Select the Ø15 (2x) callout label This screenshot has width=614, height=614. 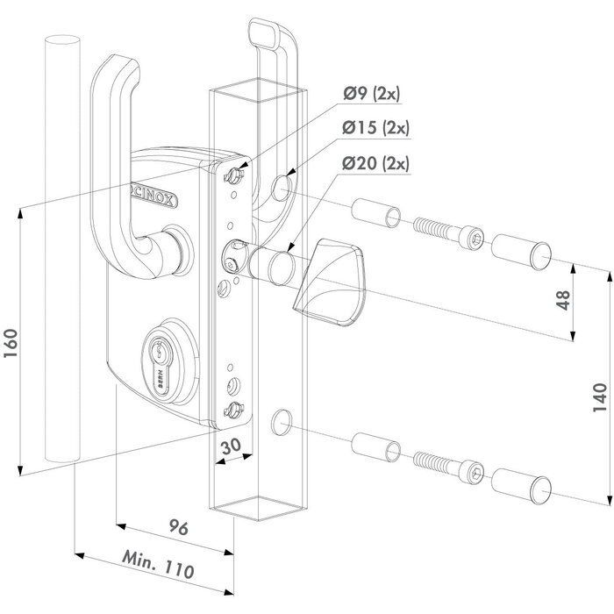coord(378,128)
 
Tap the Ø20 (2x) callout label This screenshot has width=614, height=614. coord(378,162)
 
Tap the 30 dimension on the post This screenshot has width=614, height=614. coord(232,446)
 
